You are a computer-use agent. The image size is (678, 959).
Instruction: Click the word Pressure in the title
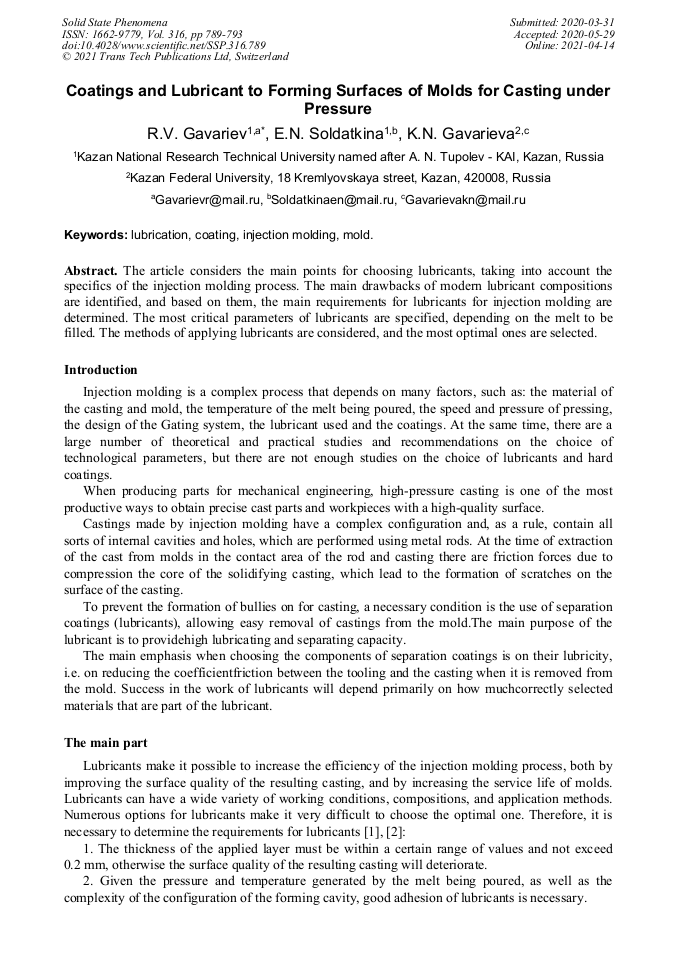[337, 108]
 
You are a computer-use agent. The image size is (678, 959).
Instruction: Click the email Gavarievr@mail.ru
[208, 200]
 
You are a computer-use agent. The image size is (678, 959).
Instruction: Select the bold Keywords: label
[96, 235]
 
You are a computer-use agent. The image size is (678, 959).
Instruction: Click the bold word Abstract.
[92, 271]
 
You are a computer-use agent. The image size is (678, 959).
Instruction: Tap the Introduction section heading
[101, 370]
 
